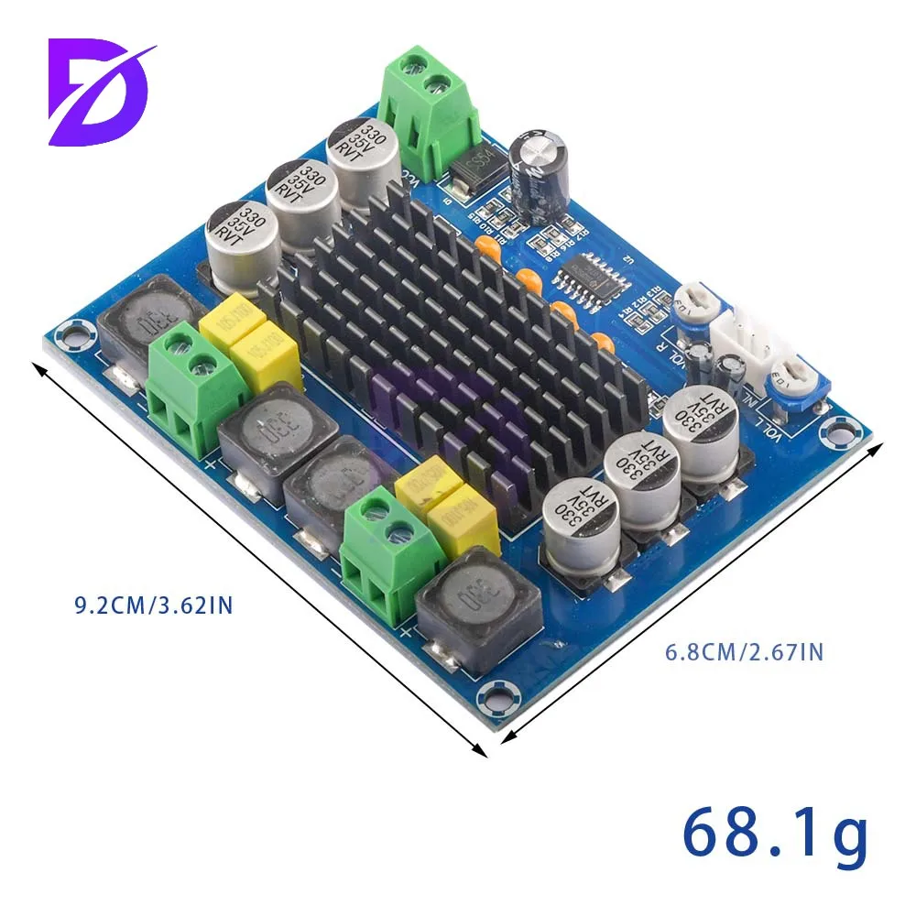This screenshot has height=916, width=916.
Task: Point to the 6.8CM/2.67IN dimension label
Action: point(743,652)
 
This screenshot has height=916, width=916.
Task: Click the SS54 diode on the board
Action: point(473,169)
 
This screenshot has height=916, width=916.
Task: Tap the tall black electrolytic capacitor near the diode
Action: point(541,174)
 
